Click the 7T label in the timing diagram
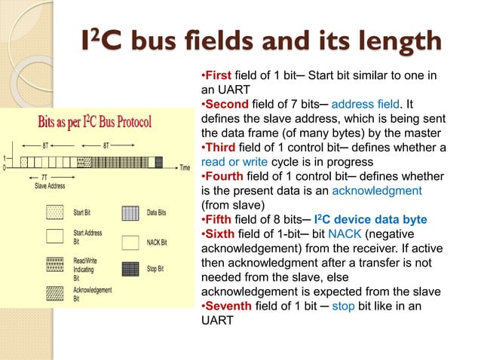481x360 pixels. (46, 176)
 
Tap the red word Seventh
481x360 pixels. (227, 307)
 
